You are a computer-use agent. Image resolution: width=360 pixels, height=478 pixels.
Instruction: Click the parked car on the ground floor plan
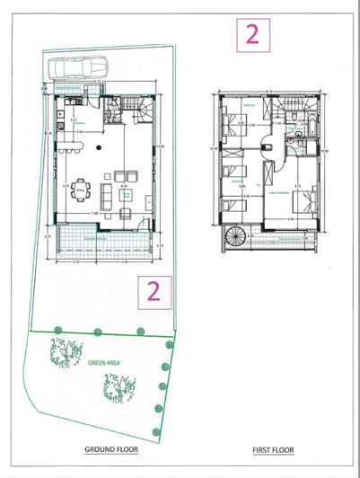(x=77, y=67)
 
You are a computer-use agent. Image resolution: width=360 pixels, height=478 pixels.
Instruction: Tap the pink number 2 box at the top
(x=252, y=34)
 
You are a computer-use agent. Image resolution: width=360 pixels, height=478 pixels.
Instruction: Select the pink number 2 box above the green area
(x=153, y=291)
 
